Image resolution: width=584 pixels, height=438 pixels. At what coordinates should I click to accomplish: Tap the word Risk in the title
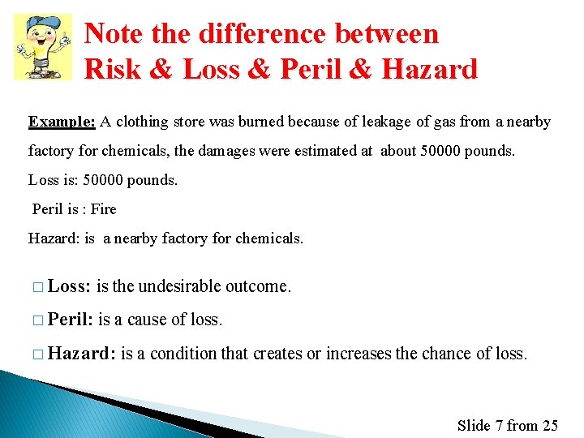pos(112,69)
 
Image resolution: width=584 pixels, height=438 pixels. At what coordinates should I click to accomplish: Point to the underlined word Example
pos(62,122)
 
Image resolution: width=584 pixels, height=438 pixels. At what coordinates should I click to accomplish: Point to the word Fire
pos(103,209)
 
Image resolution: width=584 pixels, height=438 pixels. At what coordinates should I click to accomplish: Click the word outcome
pos(258,286)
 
